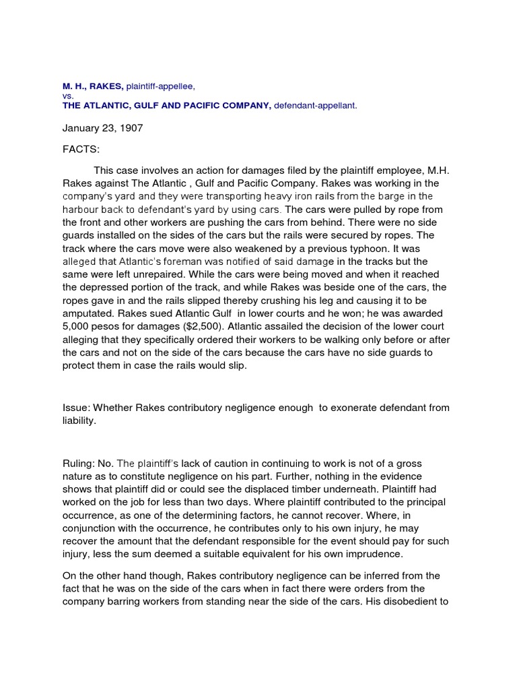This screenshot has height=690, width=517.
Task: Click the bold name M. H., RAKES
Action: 93,87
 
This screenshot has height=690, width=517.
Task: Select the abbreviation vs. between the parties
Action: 67,96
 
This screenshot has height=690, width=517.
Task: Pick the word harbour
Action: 81,209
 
